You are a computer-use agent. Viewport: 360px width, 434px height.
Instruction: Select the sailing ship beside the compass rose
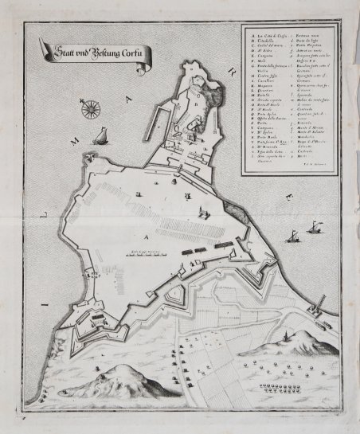click(101, 136)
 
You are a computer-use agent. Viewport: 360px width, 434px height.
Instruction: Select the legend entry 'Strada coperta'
click(264, 120)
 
